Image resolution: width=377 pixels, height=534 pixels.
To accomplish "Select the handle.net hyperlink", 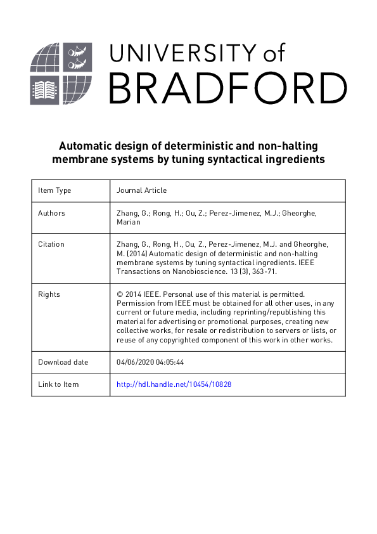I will click(174, 384).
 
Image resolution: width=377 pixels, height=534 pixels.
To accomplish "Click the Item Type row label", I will click(54, 190).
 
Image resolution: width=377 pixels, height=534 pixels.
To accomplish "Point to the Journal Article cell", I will click(143, 190).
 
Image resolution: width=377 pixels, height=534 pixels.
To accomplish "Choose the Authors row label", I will click(51, 213).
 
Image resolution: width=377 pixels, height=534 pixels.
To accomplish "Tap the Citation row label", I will click(51, 244).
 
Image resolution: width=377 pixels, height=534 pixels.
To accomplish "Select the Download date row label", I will click(63, 362).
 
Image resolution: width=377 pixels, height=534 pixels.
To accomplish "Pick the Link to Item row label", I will click(58, 384).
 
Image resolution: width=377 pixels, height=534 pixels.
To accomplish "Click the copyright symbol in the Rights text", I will click(120, 294).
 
